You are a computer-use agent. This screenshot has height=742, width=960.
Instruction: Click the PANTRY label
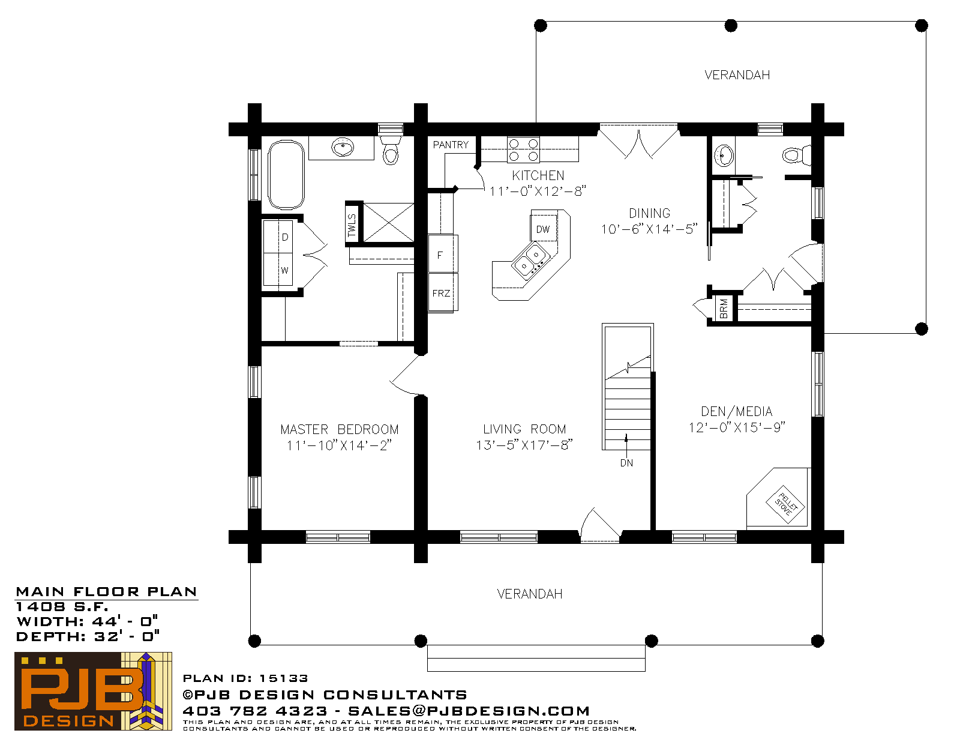(450, 145)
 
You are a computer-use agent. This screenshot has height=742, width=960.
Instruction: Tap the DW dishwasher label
(542, 229)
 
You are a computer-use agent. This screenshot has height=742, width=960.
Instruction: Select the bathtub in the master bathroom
(286, 175)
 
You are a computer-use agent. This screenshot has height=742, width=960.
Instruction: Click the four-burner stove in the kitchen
(524, 150)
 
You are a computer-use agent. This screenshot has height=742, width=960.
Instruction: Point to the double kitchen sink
(530, 261)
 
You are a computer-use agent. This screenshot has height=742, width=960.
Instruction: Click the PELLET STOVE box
(785, 504)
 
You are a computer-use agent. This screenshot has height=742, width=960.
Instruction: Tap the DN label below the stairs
(626, 463)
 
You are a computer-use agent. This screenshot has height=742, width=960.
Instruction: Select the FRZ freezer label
(441, 294)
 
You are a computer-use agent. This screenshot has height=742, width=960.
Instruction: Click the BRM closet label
(724, 309)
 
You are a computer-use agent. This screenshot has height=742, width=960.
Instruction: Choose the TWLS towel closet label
(352, 225)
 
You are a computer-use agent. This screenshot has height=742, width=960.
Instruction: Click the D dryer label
(285, 237)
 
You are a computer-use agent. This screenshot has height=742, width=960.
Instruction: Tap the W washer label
(284, 271)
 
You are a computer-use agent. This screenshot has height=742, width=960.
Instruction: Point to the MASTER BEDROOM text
(339, 430)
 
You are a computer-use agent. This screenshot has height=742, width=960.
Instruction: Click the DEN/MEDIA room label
(736, 412)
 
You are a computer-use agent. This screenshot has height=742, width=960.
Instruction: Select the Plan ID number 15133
(283, 678)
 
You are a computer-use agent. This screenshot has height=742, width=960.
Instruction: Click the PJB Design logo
(93, 691)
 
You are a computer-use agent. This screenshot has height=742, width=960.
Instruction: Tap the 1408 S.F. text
(62, 607)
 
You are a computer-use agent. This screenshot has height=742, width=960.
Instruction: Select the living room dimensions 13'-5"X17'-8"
(524, 445)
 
